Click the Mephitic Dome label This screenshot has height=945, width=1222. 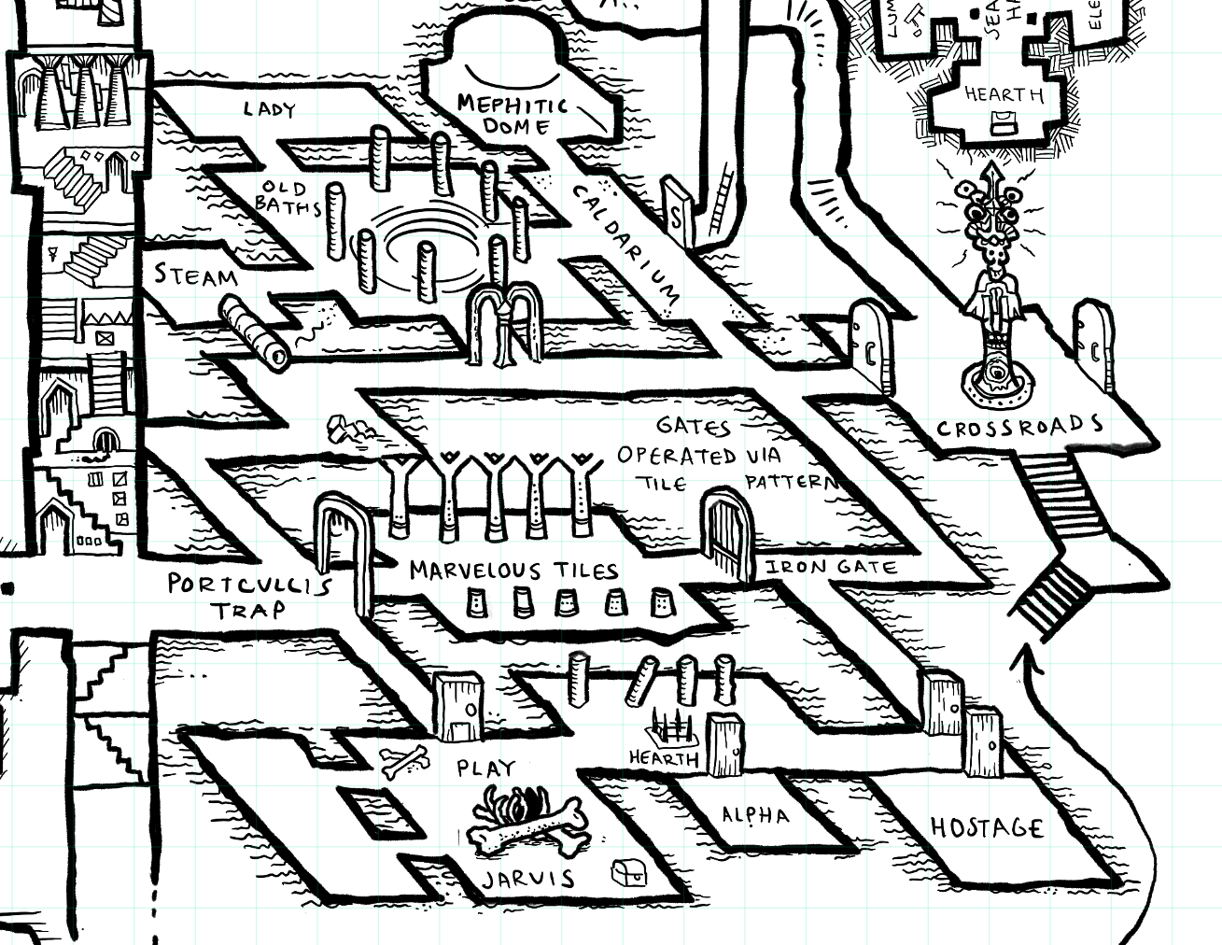[513, 113]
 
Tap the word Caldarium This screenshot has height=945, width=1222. [625, 242]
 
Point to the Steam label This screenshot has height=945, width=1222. [196, 275]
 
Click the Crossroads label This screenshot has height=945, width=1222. [1019, 428]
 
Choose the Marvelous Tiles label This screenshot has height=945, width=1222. [513, 570]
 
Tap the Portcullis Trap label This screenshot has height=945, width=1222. [249, 597]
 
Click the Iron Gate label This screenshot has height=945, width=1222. [831, 567]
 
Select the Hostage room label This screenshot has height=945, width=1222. [987, 827]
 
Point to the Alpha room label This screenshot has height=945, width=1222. [755, 815]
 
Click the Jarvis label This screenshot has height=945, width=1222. [528, 879]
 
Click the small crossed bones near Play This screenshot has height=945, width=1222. [404, 761]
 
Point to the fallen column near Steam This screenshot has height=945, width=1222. [253, 331]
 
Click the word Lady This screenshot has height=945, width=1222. [270, 109]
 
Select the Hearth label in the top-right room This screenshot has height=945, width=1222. [1004, 94]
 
